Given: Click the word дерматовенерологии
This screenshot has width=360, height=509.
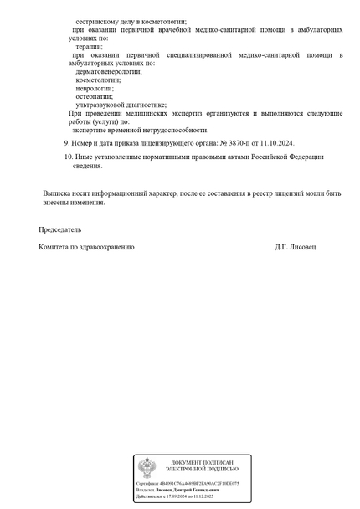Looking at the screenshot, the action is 109,72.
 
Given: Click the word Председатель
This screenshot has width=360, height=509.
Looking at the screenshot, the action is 59,229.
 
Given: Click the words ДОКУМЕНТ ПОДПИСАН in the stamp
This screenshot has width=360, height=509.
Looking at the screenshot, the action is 201,463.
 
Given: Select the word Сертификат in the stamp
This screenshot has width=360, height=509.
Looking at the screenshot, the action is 146,483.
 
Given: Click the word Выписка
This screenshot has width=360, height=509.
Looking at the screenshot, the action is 57,193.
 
